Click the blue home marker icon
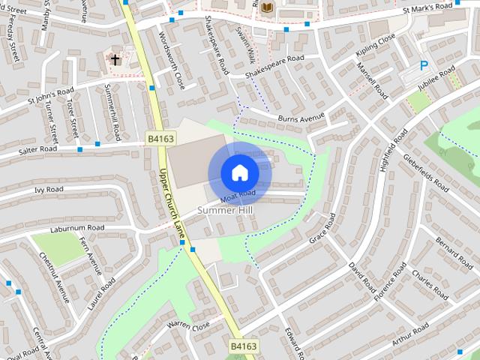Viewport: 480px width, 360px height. [x=239, y=172]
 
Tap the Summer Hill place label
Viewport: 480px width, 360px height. [x=227, y=211]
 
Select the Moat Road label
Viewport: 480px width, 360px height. [x=238, y=196]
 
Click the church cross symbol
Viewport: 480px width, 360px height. [x=115, y=58]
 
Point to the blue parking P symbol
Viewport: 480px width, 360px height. [x=424, y=66]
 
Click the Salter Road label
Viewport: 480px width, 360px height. [x=38, y=150]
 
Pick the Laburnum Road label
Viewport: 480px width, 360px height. [x=77, y=227]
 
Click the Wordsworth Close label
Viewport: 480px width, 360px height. [x=172, y=57]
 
